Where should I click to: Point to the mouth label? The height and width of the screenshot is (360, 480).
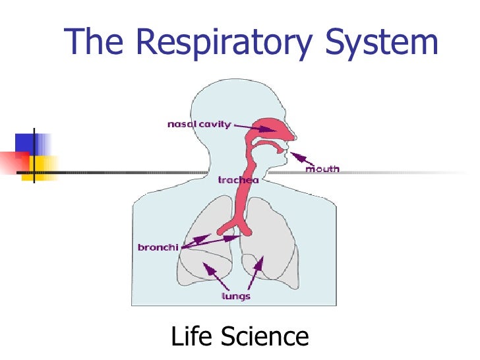click(x=322, y=169)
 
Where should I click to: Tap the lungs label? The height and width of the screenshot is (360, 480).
click(x=235, y=296)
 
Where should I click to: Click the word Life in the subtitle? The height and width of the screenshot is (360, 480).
click(x=193, y=337)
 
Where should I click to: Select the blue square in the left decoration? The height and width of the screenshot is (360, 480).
click(x=28, y=142)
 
